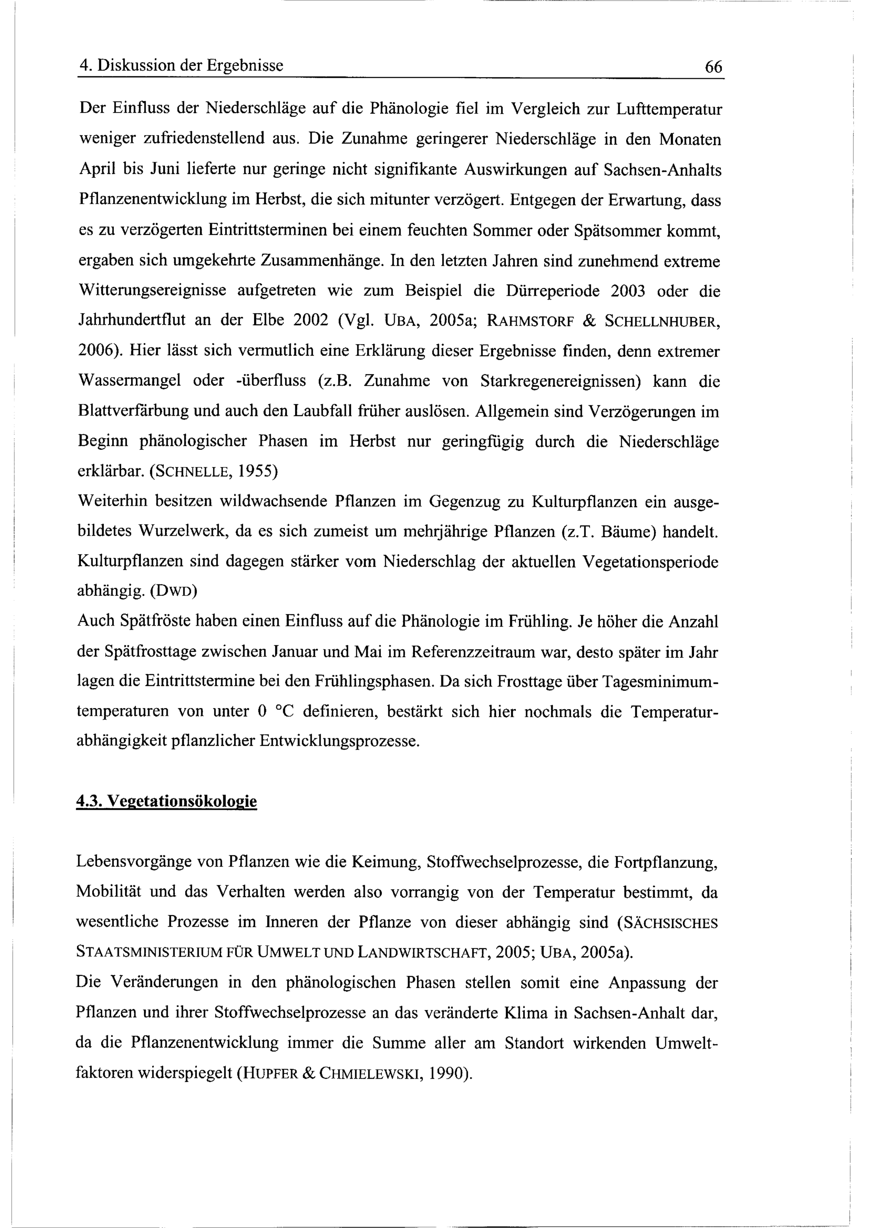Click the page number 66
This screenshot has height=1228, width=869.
click(x=713, y=67)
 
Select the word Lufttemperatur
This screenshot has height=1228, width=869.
click(x=669, y=109)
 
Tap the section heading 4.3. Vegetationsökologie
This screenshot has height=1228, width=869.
click(x=166, y=801)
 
